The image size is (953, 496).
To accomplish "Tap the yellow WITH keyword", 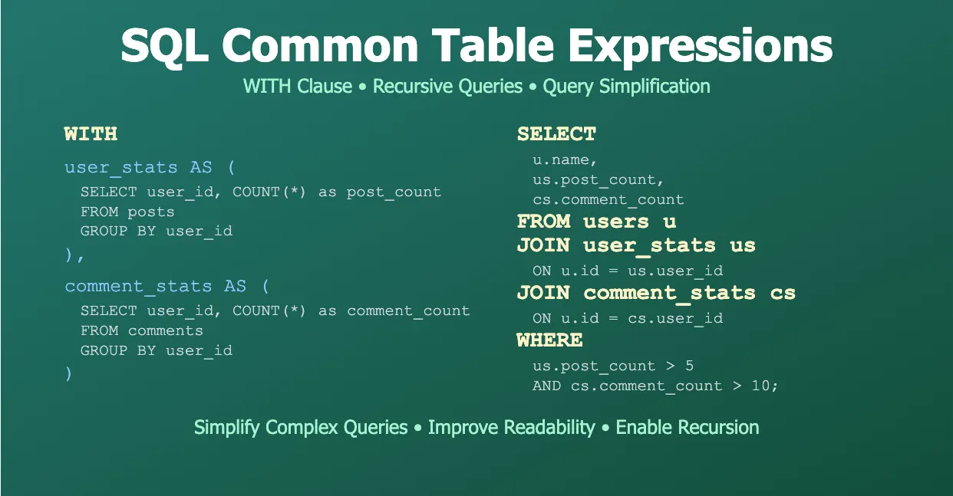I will [91, 134].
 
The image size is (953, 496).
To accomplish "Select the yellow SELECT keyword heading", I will [556, 134].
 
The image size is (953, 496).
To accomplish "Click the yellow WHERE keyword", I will [549, 340].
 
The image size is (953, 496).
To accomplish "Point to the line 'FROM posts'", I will [127, 212].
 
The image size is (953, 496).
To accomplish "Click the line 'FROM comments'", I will [142, 330].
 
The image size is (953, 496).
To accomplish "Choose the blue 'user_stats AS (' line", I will [150, 167].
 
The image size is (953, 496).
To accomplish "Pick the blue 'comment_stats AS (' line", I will [167, 286].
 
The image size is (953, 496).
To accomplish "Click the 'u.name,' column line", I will [565, 160].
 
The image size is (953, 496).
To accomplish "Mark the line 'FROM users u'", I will [596, 222].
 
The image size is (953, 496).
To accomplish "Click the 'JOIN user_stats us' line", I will [636, 245].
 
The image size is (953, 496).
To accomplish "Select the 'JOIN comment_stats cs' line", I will [656, 293].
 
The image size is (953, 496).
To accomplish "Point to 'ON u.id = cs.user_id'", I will [628, 317].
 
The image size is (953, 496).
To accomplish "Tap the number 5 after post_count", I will [689, 366].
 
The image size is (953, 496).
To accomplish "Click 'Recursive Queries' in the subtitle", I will [447, 87].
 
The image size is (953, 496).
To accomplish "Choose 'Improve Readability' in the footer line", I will [511, 427].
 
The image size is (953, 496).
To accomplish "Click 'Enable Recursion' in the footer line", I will [688, 427].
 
